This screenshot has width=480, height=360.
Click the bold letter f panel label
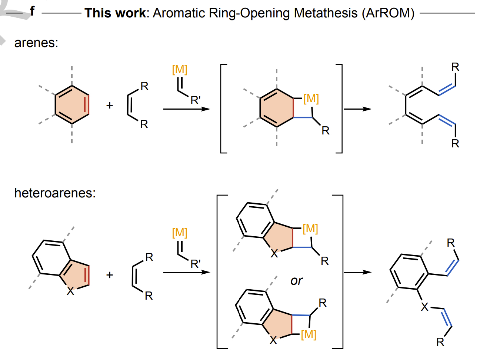[x=32, y=11]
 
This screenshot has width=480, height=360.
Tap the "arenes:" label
[x=36, y=43]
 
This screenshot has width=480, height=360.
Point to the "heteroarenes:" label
[x=55, y=193]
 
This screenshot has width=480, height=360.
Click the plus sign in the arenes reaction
[x=110, y=106]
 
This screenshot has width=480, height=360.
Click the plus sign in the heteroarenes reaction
[x=110, y=275]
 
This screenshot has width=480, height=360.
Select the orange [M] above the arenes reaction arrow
[x=180, y=69]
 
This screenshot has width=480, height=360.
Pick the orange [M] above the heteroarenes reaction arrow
[x=180, y=233]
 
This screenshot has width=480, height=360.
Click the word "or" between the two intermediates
[x=297, y=281]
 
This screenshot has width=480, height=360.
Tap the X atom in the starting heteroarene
[x=70, y=291]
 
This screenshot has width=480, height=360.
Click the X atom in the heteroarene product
[x=424, y=307]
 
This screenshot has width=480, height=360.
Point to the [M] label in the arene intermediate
[x=311, y=99]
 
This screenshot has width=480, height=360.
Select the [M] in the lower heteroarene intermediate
[x=309, y=334]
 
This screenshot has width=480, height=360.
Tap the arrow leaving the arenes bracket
[x=357, y=109]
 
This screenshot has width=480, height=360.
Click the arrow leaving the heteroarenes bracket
[x=357, y=272]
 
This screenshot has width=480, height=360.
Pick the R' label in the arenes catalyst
[x=196, y=100]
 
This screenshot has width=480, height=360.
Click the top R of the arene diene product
[x=455, y=67]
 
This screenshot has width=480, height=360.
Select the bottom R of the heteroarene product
[x=440, y=342]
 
